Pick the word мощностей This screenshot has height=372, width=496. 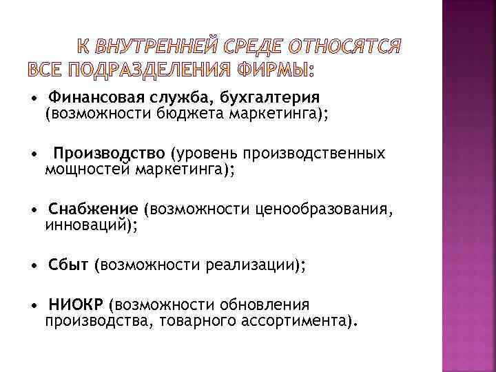(88, 169)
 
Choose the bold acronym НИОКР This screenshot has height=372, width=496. (78, 304)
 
